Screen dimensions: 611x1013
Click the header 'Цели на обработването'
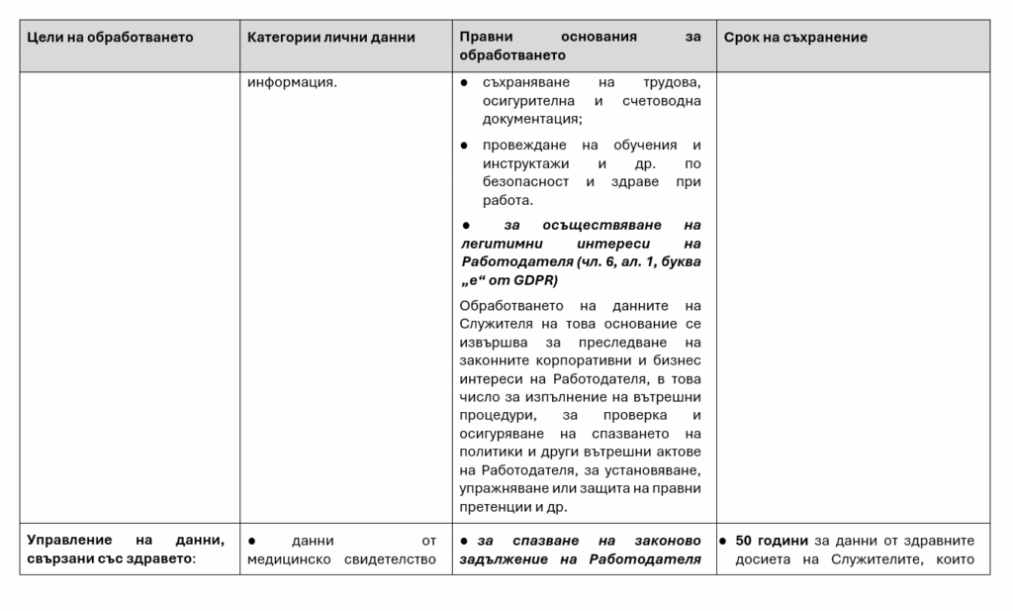110,38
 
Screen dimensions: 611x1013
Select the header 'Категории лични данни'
331,38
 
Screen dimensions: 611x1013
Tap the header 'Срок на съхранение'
795,38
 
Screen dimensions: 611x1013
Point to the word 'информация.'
292,82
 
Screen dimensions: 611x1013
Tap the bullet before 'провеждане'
465,145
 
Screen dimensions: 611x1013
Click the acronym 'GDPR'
535,280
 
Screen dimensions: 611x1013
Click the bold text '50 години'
772,541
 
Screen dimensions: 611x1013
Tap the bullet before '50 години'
724,541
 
